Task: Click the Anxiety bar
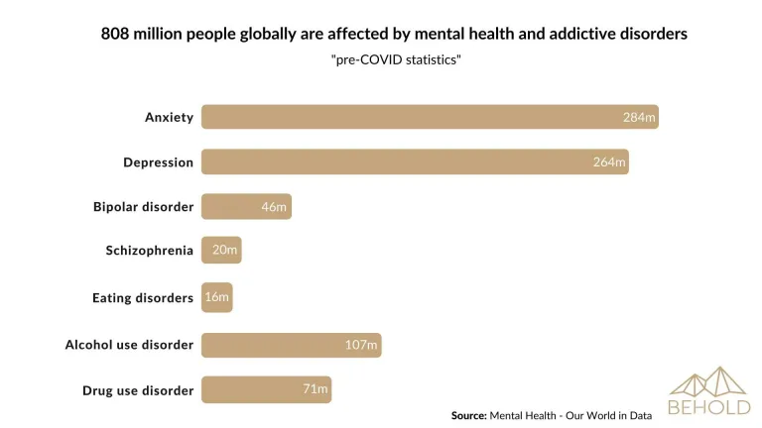tap(430, 117)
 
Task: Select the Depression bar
tap(415, 161)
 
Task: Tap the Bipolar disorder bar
tap(246, 206)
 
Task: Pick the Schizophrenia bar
tap(221, 251)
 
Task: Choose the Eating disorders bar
tap(216, 297)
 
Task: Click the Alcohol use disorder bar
tap(291, 345)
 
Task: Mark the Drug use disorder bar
tap(266, 389)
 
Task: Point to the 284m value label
tap(639, 117)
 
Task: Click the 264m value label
tap(609, 161)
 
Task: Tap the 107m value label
tap(361, 345)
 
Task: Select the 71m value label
tap(316, 389)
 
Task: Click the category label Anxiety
tap(169, 117)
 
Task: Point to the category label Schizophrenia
tap(150, 251)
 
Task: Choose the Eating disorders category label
tap(143, 297)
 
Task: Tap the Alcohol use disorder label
tap(129, 345)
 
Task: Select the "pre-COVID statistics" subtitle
tap(396, 60)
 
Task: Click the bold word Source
tap(468, 415)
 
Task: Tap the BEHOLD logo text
tap(708, 406)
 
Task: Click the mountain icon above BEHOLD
tap(708, 381)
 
